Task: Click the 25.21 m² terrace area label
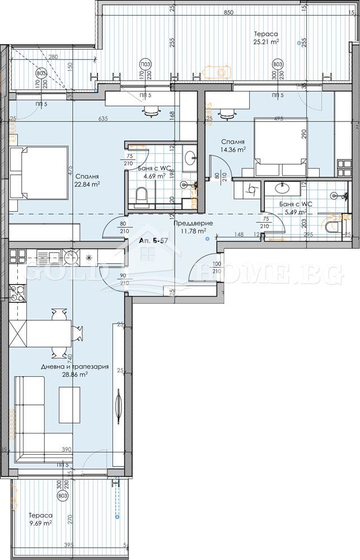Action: (266, 41)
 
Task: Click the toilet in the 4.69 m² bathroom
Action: (142, 195)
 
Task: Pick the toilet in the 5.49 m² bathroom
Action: (331, 227)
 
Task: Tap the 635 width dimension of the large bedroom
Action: (102, 119)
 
